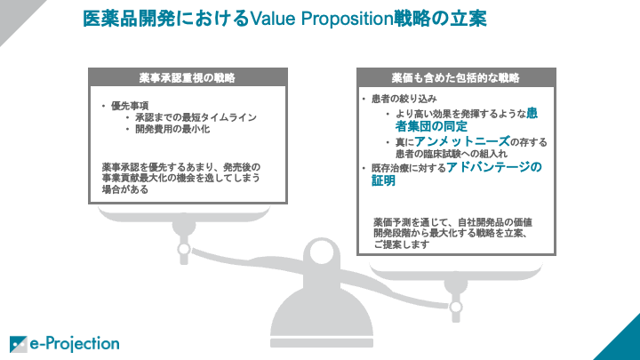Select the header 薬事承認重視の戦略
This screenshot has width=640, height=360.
tap(188, 78)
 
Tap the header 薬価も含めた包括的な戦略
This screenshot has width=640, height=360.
tap(456, 78)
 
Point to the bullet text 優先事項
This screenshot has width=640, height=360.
tap(130, 106)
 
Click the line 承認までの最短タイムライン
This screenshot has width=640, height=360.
tap(196, 117)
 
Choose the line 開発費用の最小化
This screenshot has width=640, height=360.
tap(172, 129)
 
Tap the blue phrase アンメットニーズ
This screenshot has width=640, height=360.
tap(462, 141)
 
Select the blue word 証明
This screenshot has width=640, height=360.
tap(383, 180)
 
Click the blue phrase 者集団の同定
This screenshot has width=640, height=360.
tap(431, 126)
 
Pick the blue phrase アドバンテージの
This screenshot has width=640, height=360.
tap(494, 167)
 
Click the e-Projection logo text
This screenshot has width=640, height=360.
tap(75, 344)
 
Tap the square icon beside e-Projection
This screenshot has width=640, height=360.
tap(18, 344)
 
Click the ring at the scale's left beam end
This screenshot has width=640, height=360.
tap(184, 249)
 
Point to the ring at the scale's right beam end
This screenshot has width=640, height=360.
tap(456, 307)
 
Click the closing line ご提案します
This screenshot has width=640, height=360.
tap(402, 245)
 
